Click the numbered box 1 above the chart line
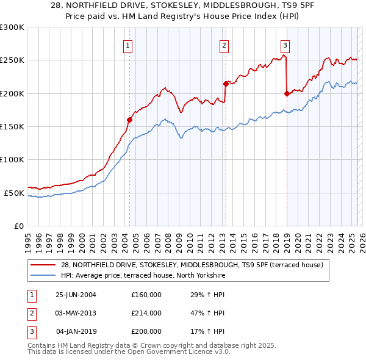pyautogui.click(x=128, y=45)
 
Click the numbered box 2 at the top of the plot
pyautogui.click(x=224, y=45)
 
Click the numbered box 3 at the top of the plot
pyautogui.click(x=285, y=45)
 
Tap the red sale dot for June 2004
pyautogui.click(x=129, y=120)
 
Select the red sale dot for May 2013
pyautogui.click(x=225, y=84)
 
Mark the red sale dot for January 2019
pyautogui.click(x=286, y=93)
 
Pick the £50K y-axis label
pyautogui.click(x=14, y=193)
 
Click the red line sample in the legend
pyautogui.click(x=44, y=265)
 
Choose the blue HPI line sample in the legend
pyautogui.click(x=44, y=276)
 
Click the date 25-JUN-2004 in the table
pyautogui.click(x=76, y=295)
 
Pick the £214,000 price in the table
pyautogui.click(x=146, y=313)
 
